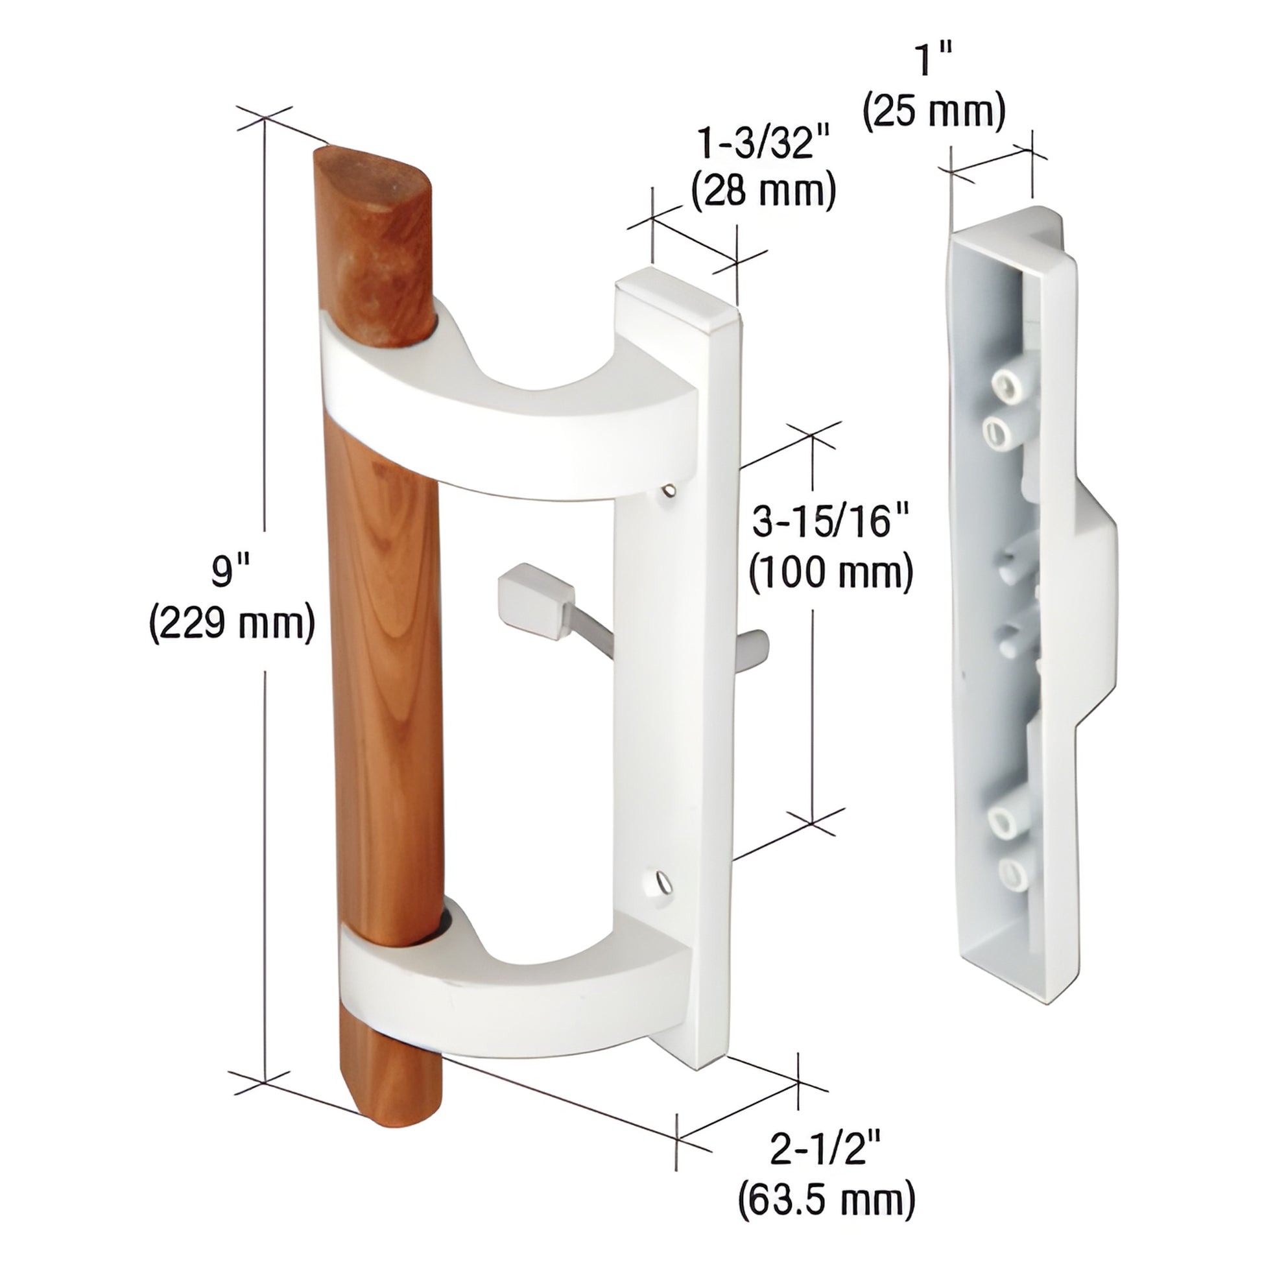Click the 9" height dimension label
click(x=232, y=573)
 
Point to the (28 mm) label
click(x=763, y=191)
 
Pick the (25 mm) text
click(x=934, y=110)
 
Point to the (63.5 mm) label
click(x=826, y=1198)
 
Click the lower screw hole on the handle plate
click(x=661, y=883)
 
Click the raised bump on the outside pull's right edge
click(x=1097, y=608)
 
